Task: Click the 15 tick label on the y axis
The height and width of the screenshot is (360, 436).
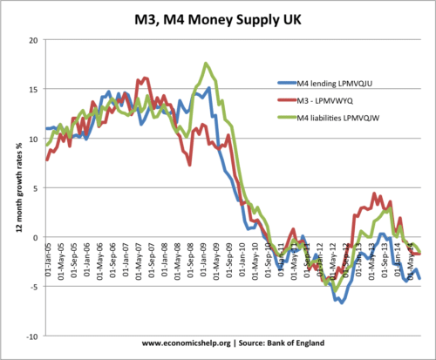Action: [x=33, y=89]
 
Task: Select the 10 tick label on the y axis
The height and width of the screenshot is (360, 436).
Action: [x=33, y=139]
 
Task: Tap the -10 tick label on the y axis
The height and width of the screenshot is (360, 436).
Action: [x=31, y=336]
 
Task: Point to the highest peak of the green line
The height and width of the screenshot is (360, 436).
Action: [x=206, y=64]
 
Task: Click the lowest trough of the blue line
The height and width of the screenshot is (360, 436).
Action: [x=341, y=302]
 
